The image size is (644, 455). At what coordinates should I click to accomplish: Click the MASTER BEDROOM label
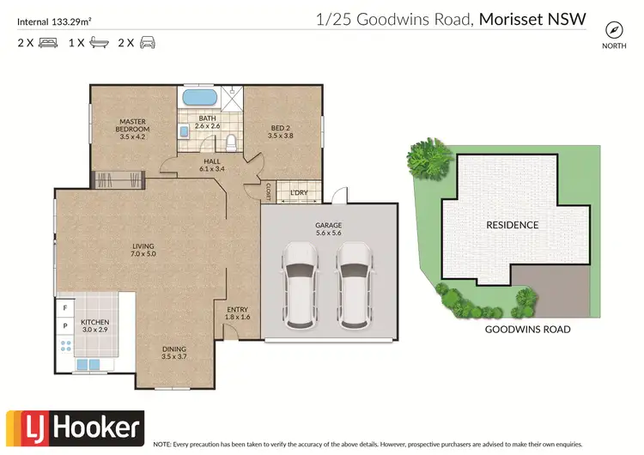point(135,129)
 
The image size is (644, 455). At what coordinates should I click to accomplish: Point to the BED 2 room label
point(281,130)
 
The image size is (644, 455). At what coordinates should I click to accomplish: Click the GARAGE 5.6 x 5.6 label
point(330,227)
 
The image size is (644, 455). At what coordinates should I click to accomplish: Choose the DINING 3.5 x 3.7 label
point(173,352)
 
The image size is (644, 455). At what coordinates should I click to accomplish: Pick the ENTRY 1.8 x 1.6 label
point(237,312)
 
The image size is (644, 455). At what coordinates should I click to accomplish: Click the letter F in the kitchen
point(64,306)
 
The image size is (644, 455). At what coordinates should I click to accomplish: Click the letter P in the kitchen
point(64,326)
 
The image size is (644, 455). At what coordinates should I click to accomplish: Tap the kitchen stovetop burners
point(65,348)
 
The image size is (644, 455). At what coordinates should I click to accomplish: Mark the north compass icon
point(613,27)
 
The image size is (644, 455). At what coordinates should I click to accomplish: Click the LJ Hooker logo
point(75,426)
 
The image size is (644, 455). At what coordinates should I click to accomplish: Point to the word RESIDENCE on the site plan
point(513,225)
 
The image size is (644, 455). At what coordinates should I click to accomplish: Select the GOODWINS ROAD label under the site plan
point(527,329)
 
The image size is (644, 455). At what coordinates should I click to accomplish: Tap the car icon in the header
point(147,42)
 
